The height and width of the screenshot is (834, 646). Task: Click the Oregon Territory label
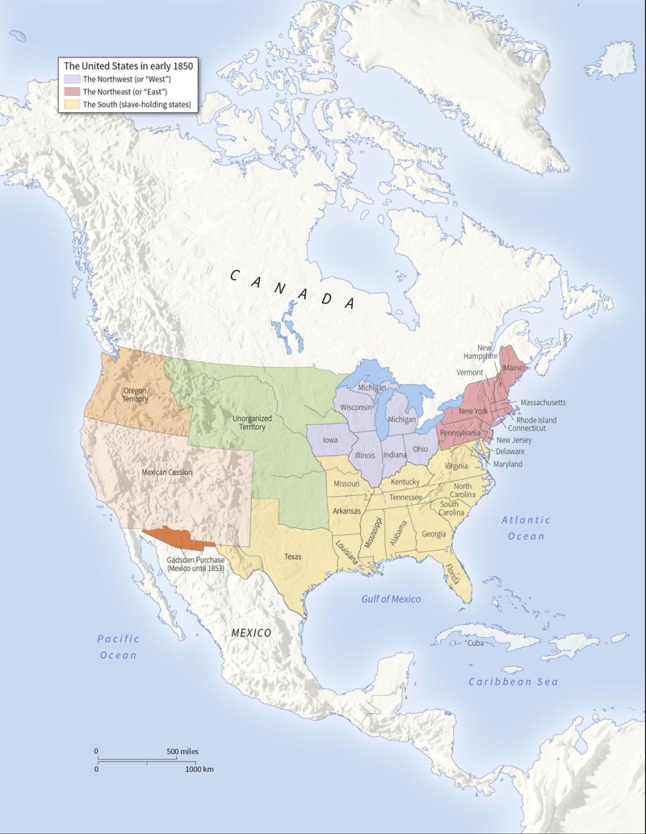135,394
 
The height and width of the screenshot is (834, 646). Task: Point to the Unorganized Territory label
251,422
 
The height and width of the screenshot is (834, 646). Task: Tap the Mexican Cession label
166,472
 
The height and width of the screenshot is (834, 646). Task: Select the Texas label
293,556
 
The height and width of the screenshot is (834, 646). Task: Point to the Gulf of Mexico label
391,598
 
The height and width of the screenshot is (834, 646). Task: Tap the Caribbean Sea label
513,682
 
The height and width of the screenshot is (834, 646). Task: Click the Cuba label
475,643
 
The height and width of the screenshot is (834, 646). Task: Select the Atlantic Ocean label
526,528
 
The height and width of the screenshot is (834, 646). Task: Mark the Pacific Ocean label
118,646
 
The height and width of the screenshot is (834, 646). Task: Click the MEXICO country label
251,632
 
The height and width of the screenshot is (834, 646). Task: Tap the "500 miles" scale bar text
182,751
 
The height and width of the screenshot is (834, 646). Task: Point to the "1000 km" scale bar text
199,769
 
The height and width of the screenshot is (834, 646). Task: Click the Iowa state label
330,440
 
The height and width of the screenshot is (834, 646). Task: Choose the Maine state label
513,367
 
